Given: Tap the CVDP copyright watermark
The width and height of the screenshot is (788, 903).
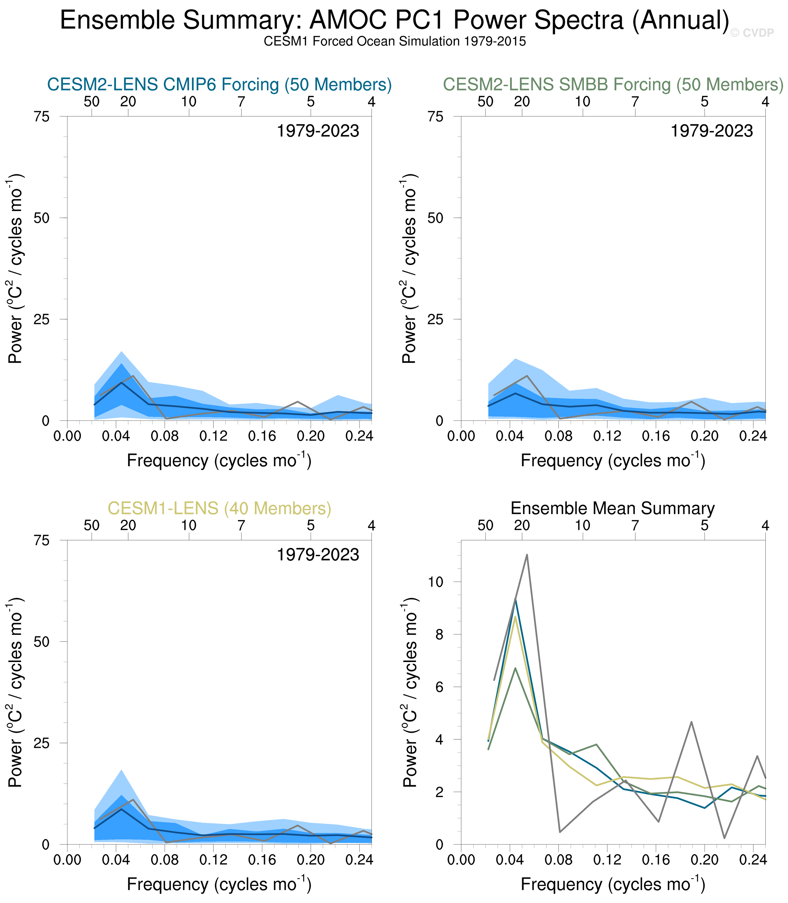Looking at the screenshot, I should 752,33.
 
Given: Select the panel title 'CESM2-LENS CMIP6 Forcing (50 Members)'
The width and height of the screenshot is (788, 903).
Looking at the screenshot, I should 219,84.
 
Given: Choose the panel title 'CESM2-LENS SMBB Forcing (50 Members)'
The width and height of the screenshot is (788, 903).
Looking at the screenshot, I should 613,84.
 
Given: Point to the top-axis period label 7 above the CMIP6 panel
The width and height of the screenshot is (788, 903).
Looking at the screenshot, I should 241,102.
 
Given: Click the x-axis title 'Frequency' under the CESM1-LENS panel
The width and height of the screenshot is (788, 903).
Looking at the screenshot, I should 219,885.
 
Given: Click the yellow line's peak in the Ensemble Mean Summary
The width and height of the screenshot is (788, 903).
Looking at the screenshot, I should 515,617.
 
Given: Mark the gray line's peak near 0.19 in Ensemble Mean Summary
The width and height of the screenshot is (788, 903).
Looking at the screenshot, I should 692,722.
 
